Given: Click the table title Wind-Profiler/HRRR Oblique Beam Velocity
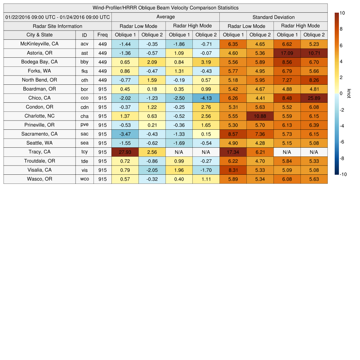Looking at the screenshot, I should click(x=166, y=8).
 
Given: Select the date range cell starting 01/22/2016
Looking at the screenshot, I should click(x=58, y=17).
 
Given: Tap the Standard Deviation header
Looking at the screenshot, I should click(x=274, y=17).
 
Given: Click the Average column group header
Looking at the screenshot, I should click(x=166, y=17).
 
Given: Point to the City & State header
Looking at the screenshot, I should click(x=40, y=35).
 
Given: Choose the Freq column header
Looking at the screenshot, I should click(x=103, y=35).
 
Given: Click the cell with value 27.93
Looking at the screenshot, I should click(x=125, y=152).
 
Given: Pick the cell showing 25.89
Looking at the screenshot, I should click(x=314, y=98).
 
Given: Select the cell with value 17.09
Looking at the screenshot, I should click(x=287, y=53).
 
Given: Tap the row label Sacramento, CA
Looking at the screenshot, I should click(x=40, y=134).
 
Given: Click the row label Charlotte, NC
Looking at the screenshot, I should click(x=40, y=116).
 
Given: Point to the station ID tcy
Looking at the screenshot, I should click(x=84, y=152).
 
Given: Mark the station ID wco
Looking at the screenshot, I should click(x=84, y=179).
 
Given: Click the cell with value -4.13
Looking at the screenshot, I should click(x=206, y=98).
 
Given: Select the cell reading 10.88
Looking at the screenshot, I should click(x=260, y=116).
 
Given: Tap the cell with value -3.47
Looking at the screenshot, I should click(x=125, y=134).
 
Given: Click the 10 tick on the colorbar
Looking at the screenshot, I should click(x=342, y=13).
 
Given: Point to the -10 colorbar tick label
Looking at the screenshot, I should click(x=343, y=174).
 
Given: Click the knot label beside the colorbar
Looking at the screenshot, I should click(x=349, y=94).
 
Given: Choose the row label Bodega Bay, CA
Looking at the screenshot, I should click(x=40, y=62).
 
